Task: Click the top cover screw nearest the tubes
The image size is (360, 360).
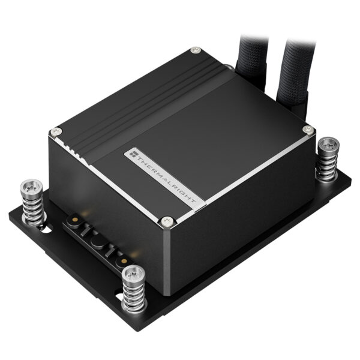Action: (194, 52)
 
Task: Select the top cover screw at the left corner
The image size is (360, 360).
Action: (57, 131)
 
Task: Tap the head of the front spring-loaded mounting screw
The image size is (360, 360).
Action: (132, 274)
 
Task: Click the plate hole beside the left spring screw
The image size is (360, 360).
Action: (45, 229)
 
